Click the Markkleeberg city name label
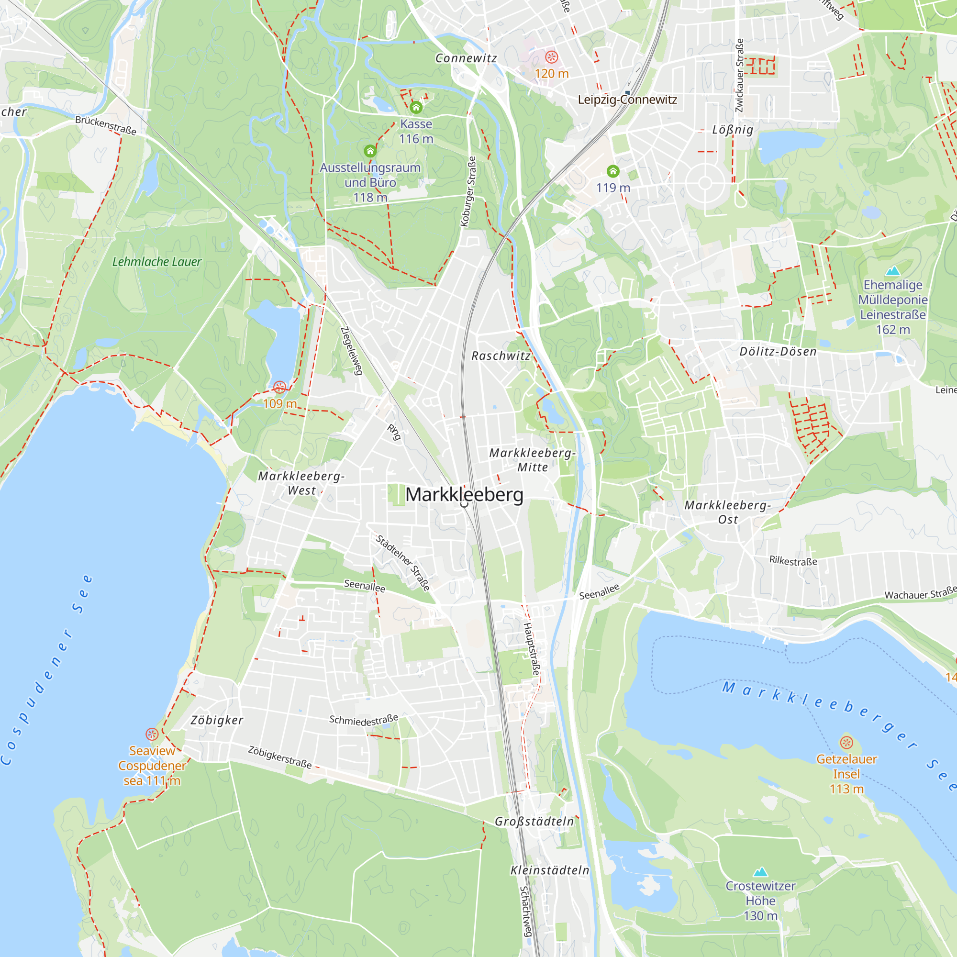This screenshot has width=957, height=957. [x=464, y=494]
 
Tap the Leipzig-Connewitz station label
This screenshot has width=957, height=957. [x=627, y=100]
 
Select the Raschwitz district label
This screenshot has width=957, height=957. [x=501, y=356]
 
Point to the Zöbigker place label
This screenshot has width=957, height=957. [x=217, y=720]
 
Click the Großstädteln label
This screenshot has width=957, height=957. [x=534, y=821]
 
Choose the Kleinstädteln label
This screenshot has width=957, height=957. [x=550, y=870]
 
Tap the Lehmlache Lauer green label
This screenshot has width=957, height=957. [x=156, y=262]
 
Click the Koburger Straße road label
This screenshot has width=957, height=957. [x=468, y=192]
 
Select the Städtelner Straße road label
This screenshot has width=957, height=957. [x=403, y=563]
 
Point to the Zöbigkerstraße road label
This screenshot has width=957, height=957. [x=280, y=757]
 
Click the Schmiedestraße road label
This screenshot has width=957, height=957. [x=364, y=720]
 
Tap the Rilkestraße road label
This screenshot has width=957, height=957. [x=793, y=561]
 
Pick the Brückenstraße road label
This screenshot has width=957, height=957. [x=105, y=125]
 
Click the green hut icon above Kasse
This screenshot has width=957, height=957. [x=416, y=107]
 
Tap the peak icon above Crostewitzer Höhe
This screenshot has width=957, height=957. [x=760, y=871]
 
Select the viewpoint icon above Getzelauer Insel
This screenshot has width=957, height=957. [x=846, y=743]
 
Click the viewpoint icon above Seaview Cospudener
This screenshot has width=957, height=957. [x=152, y=734]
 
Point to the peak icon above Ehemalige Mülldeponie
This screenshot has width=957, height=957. [x=892, y=270]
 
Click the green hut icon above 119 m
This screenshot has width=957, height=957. [x=613, y=171]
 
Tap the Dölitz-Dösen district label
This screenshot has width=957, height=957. [x=778, y=352]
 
